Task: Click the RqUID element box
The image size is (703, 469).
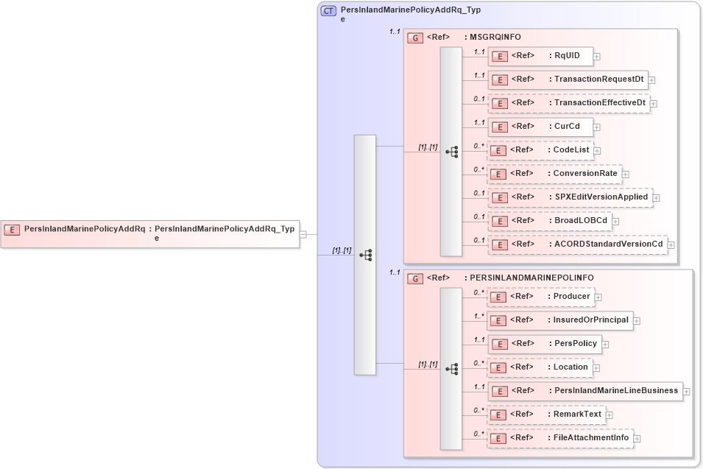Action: click(540, 56)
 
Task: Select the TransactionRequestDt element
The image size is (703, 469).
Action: click(568, 80)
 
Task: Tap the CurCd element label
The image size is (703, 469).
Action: click(567, 126)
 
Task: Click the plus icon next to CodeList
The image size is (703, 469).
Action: click(598, 150)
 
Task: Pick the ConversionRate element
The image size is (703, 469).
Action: click(555, 174)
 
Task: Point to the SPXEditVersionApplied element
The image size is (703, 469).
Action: click(570, 197)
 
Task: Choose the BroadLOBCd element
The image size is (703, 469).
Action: click(549, 220)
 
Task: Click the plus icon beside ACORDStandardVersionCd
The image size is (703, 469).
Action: click(671, 244)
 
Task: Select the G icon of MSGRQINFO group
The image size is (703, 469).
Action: click(415, 38)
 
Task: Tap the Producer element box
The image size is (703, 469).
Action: click(540, 297)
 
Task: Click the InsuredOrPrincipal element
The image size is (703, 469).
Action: click(559, 320)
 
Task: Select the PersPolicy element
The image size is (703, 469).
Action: click(545, 344)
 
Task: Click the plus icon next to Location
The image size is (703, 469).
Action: click(597, 367)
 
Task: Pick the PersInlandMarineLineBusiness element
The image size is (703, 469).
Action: click(584, 391)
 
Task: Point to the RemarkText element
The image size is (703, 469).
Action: click(545, 415)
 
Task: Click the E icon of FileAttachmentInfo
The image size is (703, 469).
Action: click(498, 439)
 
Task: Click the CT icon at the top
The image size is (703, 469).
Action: click(328, 10)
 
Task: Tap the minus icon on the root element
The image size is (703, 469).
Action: click(303, 234)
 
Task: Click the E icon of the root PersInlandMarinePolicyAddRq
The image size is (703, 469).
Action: click(12, 230)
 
